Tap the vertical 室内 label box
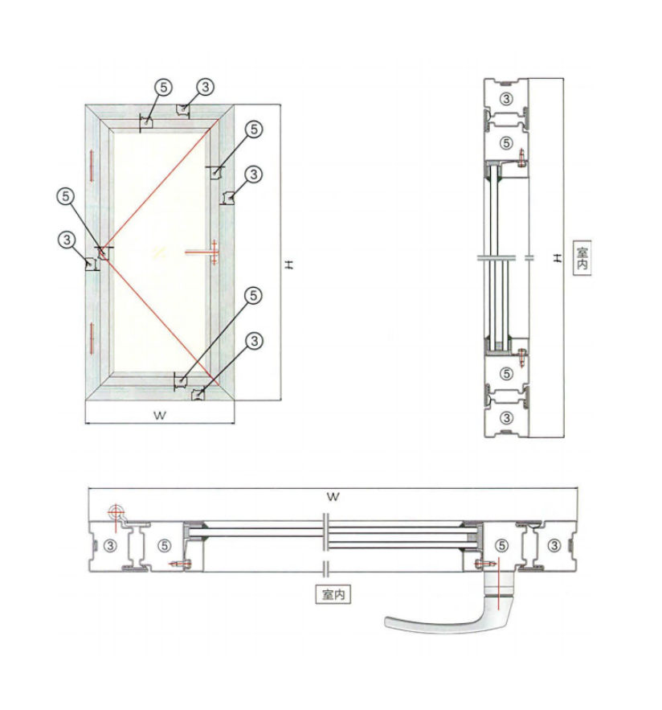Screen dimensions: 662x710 582,257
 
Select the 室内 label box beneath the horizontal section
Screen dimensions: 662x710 333,594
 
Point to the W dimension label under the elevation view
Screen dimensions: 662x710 160,415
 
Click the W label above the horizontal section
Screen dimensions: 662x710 333,497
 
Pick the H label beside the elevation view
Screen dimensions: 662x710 289,265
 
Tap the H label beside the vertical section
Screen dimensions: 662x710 558,257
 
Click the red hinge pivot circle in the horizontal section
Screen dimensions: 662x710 116,512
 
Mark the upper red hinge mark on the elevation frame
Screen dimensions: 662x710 92,166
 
